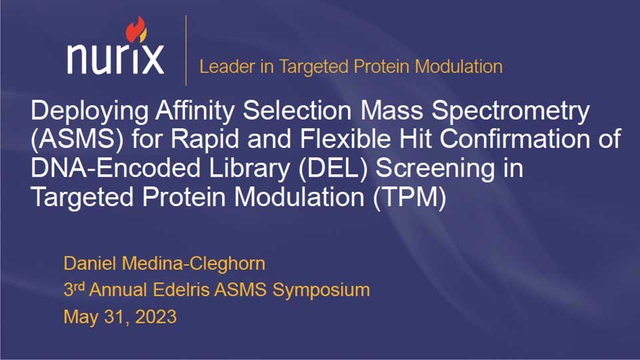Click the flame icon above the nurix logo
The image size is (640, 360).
coord(136,29)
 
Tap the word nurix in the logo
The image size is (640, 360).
coord(115,59)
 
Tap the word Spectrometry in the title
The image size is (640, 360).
coord(511,112)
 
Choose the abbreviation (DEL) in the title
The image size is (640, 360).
coord(333,169)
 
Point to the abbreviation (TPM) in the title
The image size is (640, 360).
coord(409,197)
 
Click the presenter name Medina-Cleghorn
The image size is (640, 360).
coord(193,264)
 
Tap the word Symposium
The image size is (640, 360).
coord(321,291)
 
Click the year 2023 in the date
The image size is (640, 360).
coord(155,317)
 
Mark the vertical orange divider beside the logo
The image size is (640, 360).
coord(186,51)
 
